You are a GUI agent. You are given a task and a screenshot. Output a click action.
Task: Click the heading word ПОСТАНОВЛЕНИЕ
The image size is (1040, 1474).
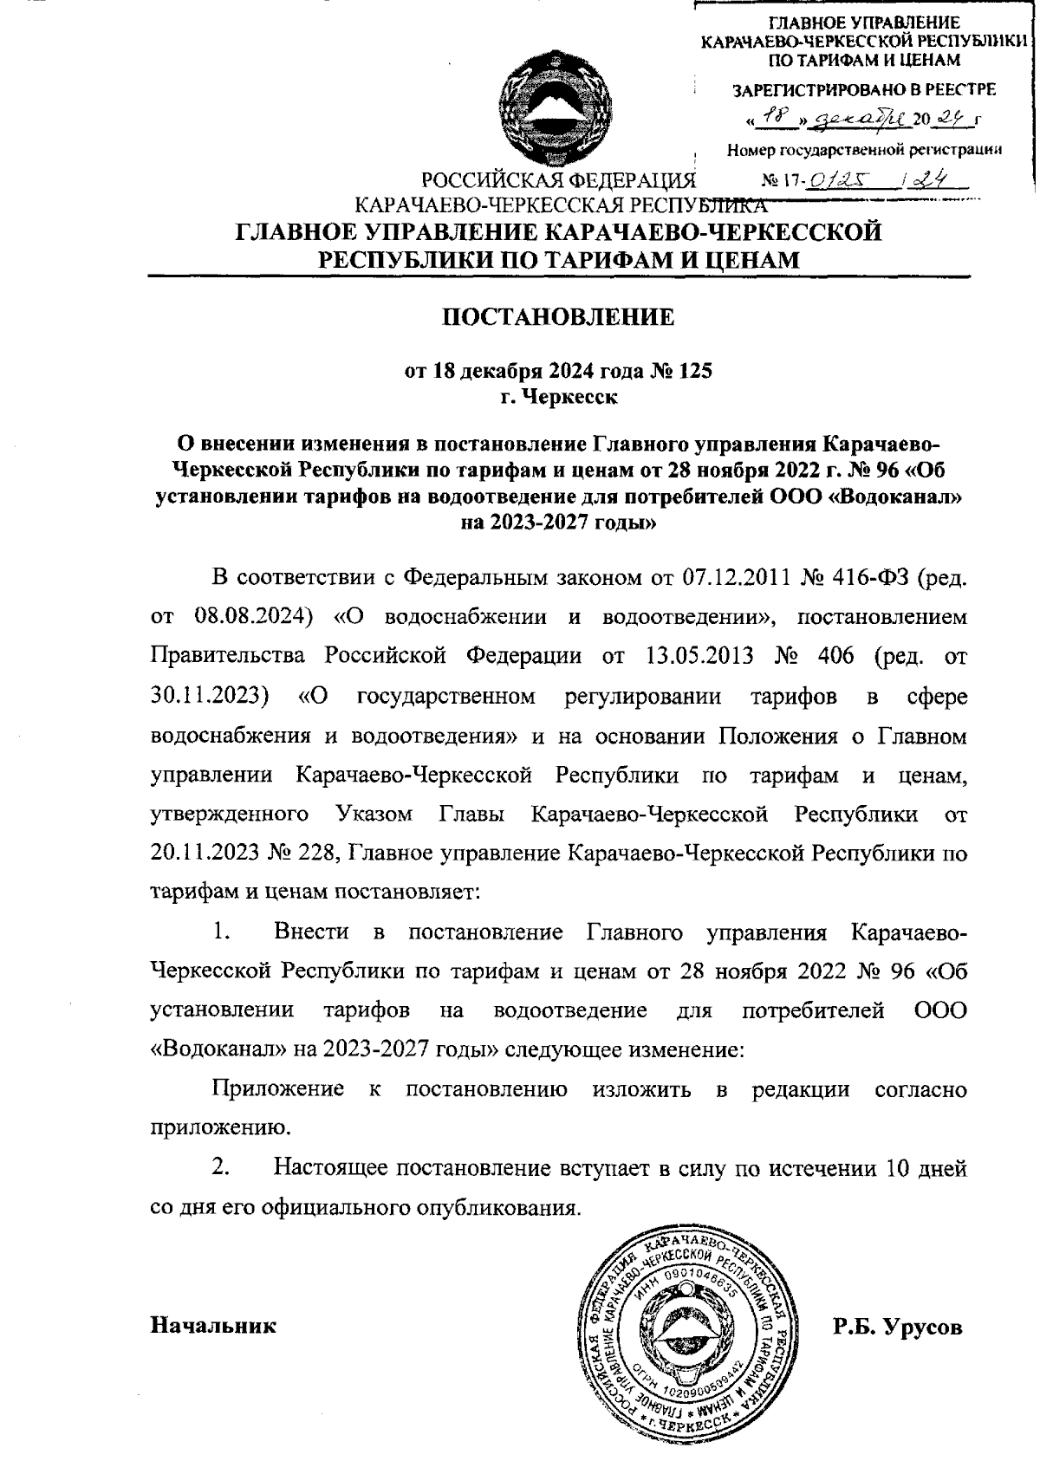pyautogui.click(x=559, y=317)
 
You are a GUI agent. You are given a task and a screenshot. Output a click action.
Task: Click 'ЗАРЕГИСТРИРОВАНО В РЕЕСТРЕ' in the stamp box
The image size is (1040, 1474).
pyautogui.click(x=863, y=89)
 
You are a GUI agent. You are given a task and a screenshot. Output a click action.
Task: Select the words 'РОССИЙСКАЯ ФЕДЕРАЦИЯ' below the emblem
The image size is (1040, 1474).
pyautogui.click(x=559, y=183)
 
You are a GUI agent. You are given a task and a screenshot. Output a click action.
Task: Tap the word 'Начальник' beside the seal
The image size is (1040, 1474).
pyautogui.click(x=213, y=1325)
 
